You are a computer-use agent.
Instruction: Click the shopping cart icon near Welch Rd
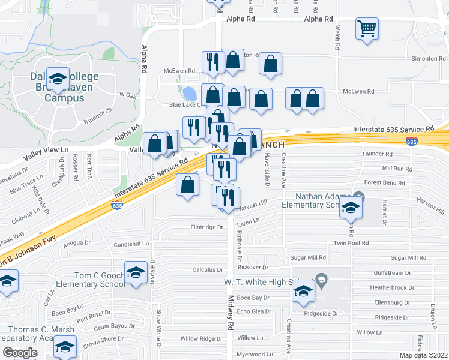(367, 28)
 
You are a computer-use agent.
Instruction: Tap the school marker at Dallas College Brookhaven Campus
(58, 79)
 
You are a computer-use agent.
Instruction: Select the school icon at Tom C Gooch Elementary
(136, 272)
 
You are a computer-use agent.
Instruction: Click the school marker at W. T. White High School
(303, 292)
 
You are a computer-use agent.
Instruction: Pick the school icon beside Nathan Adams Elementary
(349, 209)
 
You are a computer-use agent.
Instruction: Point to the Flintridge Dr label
(206, 227)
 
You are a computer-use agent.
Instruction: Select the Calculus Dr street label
(207, 269)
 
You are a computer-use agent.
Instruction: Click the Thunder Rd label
(377, 154)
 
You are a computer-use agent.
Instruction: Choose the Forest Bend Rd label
(388, 182)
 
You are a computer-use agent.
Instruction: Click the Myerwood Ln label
(254, 355)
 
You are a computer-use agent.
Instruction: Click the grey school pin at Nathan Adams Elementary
(358, 196)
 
